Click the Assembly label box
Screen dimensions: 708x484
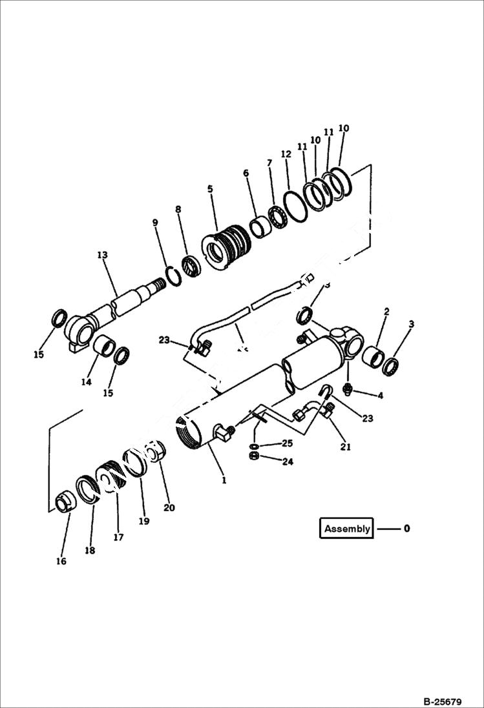tap(347, 529)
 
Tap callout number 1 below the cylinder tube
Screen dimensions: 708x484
tap(224, 480)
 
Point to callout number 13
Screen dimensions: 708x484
tap(102, 256)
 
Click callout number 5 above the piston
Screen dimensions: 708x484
tap(210, 189)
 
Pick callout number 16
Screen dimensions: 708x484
tap(61, 561)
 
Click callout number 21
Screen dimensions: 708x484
tap(346, 447)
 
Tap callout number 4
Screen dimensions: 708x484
tap(380, 395)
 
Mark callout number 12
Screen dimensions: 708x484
tap(286, 154)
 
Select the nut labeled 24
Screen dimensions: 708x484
tap(255, 456)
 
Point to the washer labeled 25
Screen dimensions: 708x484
tap(255, 446)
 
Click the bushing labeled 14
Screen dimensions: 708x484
tap(103, 345)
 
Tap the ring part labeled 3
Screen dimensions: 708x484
tap(390, 366)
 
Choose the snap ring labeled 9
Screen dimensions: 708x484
tap(172, 274)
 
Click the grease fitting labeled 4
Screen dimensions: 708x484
tap(348, 389)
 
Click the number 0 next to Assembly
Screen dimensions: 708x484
tap(406, 529)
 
